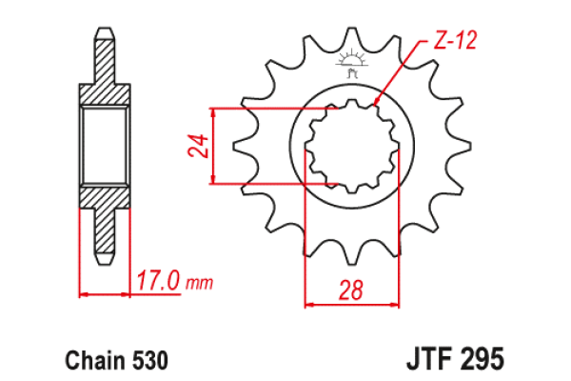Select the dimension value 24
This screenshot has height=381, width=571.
(197, 146)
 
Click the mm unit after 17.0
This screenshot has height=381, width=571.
(200, 284)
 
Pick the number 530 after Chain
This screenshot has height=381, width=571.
(150, 362)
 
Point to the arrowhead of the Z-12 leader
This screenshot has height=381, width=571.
(379, 100)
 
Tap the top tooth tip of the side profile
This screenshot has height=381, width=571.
(104, 34)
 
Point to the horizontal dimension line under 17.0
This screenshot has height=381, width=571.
(104, 294)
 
